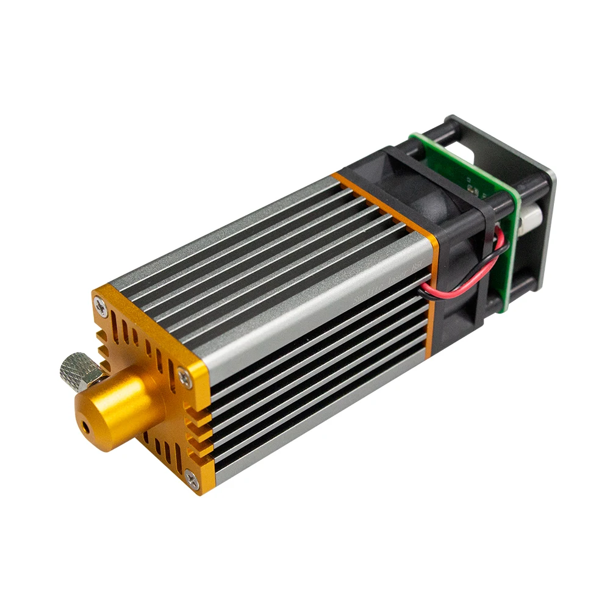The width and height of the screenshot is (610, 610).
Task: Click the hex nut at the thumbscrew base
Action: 91,382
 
